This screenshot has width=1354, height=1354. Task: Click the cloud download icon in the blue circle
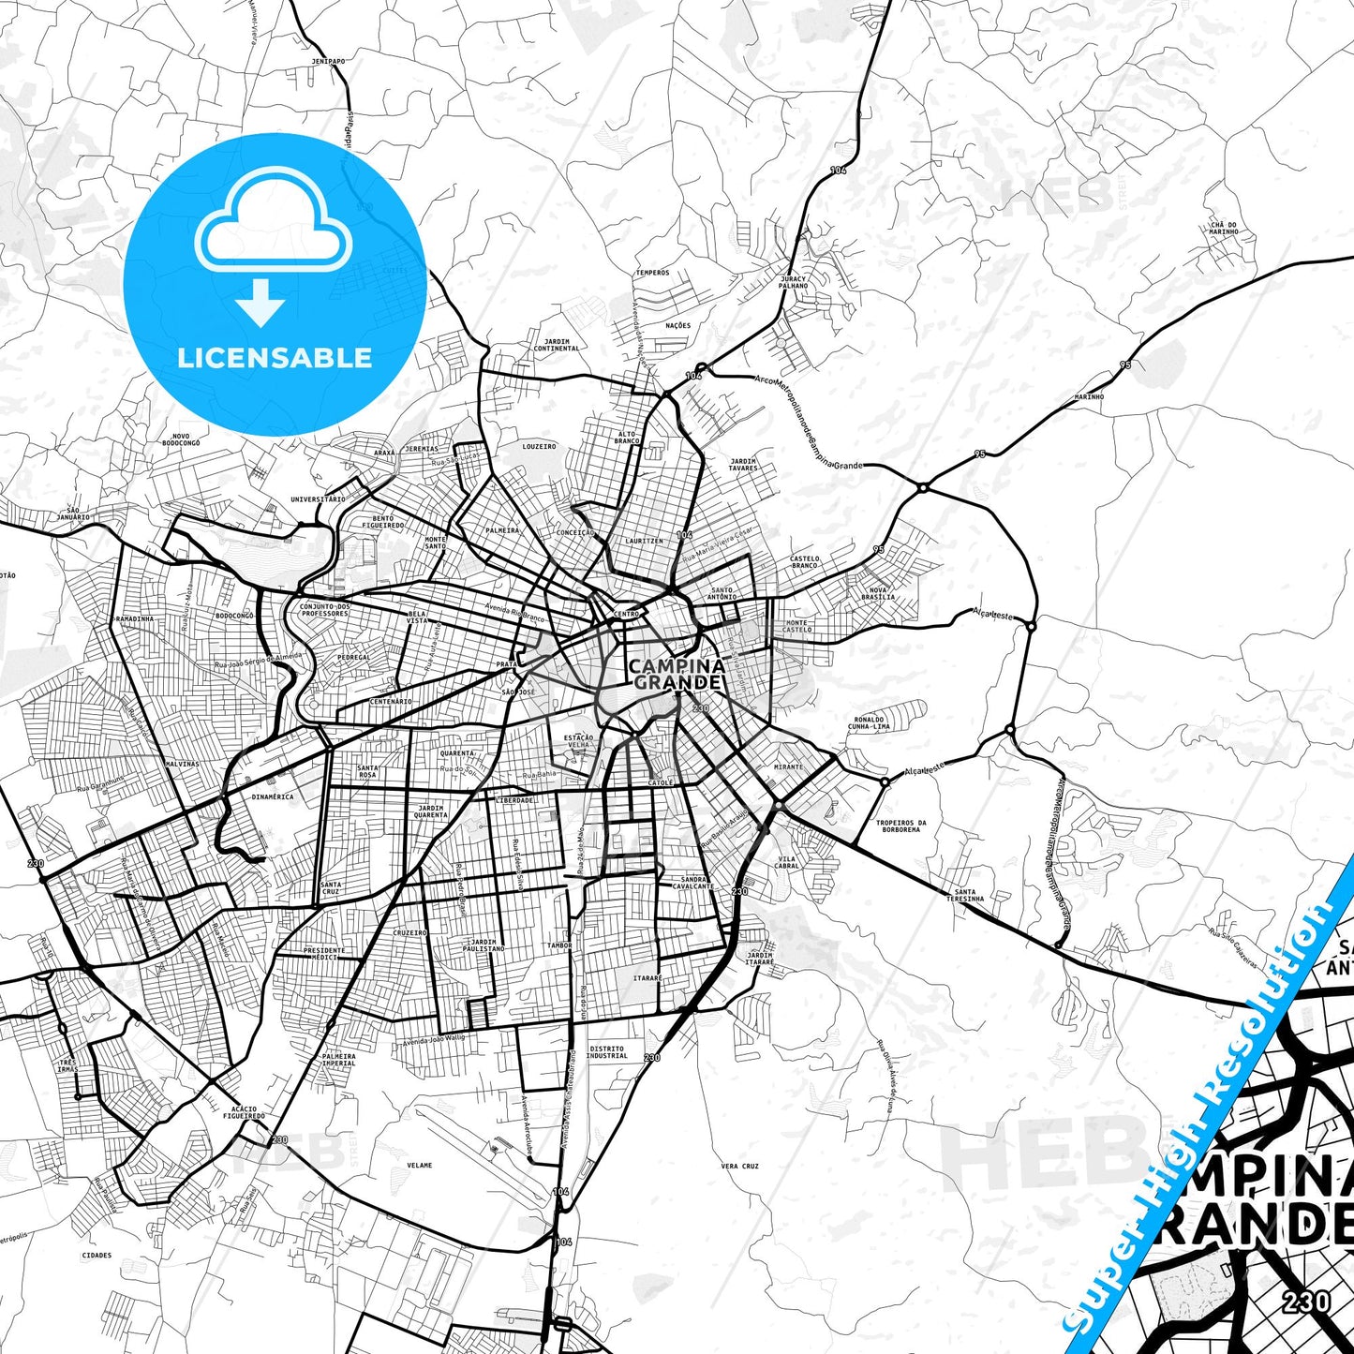tap(274, 246)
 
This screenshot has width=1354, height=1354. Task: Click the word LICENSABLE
tap(275, 358)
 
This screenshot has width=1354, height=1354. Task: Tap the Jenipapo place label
tap(328, 61)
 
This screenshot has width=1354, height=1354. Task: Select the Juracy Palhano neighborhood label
tap(793, 282)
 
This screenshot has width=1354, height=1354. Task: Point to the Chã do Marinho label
tap(1224, 228)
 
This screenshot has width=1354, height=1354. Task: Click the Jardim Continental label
tap(556, 345)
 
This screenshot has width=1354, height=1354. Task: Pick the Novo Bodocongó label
tap(181, 439)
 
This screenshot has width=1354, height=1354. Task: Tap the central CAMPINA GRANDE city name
tap(676, 674)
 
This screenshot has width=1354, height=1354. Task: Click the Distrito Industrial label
tap(607, 1052)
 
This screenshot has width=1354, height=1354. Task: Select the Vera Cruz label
tap(740, 1166)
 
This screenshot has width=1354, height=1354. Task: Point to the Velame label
tap(420, 1165)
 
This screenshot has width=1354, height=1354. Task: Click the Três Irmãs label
tap(67, 1066)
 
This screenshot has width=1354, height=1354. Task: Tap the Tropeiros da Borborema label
tap(900, 826)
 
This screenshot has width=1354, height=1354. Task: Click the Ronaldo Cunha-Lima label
tap(869, 722)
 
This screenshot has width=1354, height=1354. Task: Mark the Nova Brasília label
tap(878, 593)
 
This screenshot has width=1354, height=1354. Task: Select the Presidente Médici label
tap(324, 953)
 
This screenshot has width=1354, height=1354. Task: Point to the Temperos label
tap(652, 273)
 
